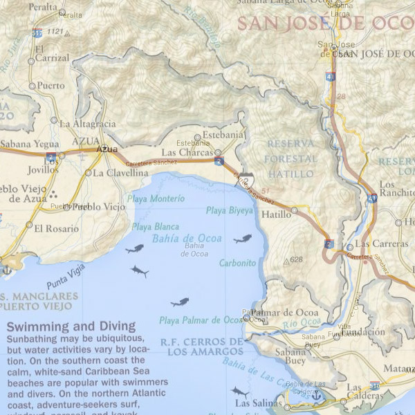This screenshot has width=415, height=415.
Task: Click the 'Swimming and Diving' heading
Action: [71, 326]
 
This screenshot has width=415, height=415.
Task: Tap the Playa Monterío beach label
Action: [158, 199]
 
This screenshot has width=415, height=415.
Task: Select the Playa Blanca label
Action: [155, 226]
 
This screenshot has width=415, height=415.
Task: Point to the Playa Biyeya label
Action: [230, 210]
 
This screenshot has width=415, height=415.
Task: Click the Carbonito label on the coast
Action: [238, 264]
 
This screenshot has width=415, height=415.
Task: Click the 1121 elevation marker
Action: [55, 32]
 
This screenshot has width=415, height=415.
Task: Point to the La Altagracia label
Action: [88, 124]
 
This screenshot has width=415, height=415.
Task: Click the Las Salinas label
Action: [252, 403]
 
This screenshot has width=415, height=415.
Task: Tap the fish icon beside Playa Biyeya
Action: [242, 239]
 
